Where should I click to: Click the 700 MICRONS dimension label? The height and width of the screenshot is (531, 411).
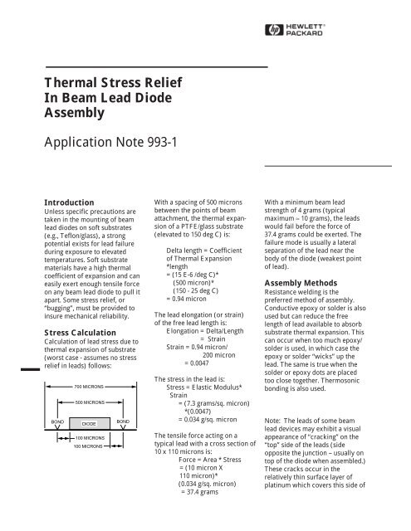coord(89,387)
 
